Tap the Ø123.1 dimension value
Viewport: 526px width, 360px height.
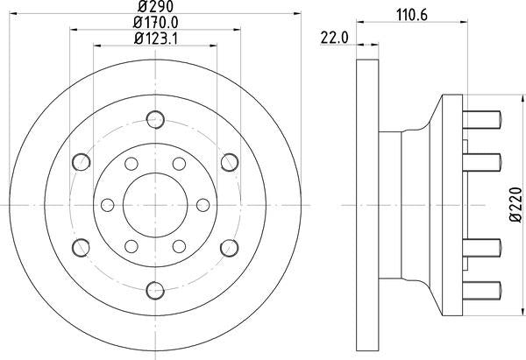pos(154,38)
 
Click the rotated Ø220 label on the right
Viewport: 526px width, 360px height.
pos(515,204)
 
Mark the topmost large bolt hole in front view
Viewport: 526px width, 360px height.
pos(155,119)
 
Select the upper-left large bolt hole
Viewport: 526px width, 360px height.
pos(82,161)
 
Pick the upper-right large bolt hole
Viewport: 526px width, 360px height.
pos(229,161)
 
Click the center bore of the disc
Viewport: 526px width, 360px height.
pos(155,204)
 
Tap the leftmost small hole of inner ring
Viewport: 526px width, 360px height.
pos(108,204)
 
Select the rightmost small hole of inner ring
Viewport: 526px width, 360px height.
pos(203,204)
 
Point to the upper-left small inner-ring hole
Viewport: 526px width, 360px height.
pos(131,163)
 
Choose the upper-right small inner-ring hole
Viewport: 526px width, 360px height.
pos(179,163)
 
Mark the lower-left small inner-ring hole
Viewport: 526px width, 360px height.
pos(131,245)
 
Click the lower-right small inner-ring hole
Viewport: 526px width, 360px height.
pos(179,245)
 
